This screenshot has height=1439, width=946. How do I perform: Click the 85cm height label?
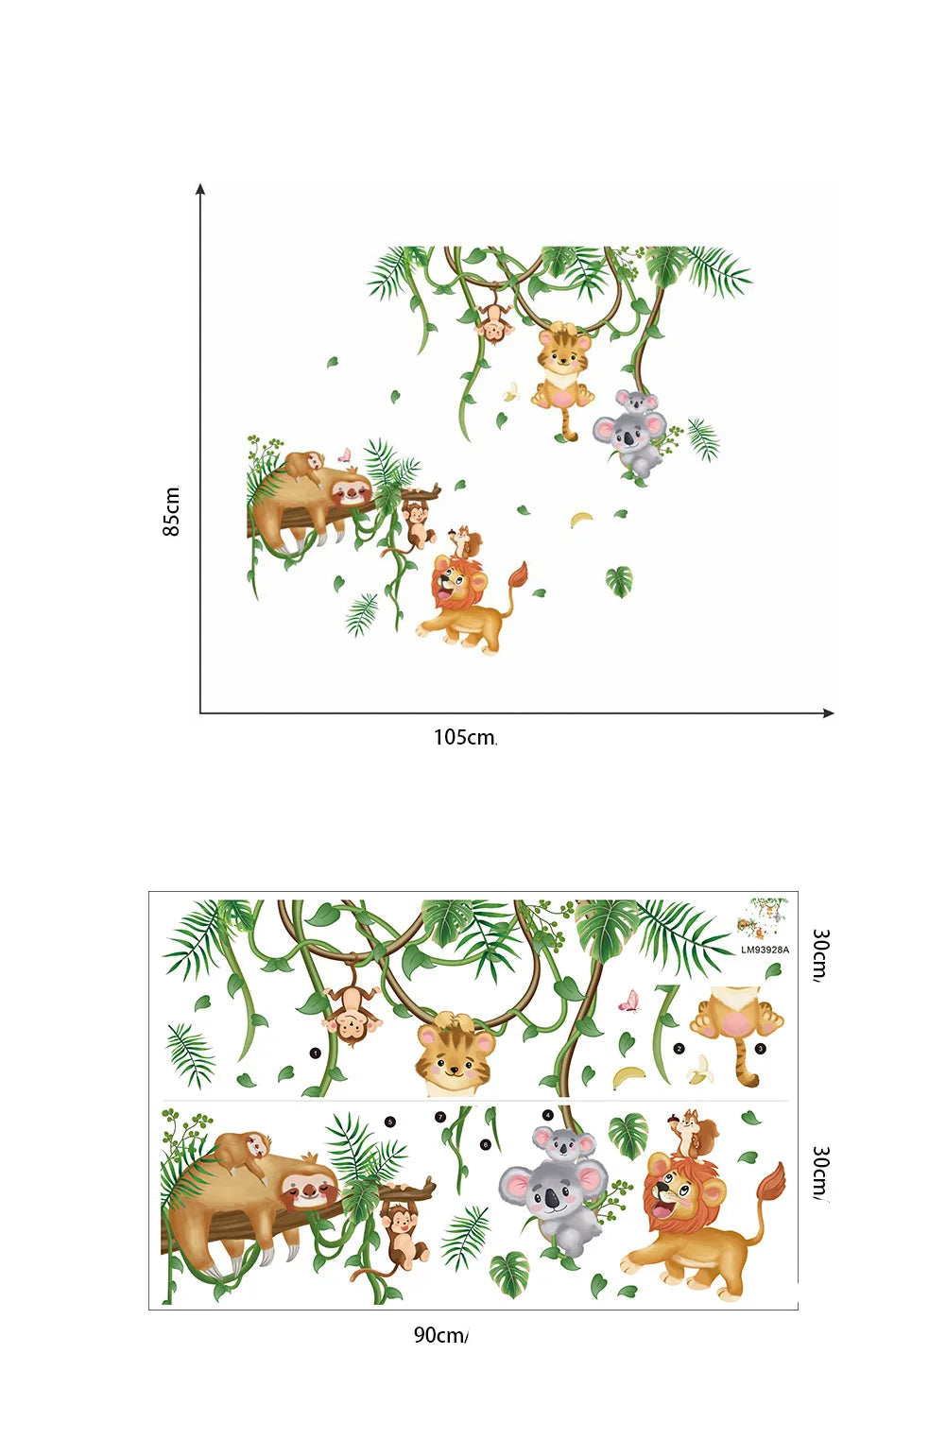(172, 511)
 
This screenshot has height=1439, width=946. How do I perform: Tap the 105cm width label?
(465, 737)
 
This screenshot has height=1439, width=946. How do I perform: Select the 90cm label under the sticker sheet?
(440, 1335)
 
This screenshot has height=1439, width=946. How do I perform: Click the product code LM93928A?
(765, 950)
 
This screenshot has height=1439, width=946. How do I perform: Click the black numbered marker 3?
(760, 1049)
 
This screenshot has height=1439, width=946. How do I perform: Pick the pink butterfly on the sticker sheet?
(629, 1002)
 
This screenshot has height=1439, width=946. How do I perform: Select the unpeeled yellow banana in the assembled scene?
(581, 519)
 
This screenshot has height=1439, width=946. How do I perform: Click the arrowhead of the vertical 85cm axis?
(200, 189)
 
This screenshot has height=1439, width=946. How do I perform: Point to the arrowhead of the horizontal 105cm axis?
(829, 712)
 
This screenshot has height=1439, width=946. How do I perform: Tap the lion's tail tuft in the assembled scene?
(517, 574)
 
